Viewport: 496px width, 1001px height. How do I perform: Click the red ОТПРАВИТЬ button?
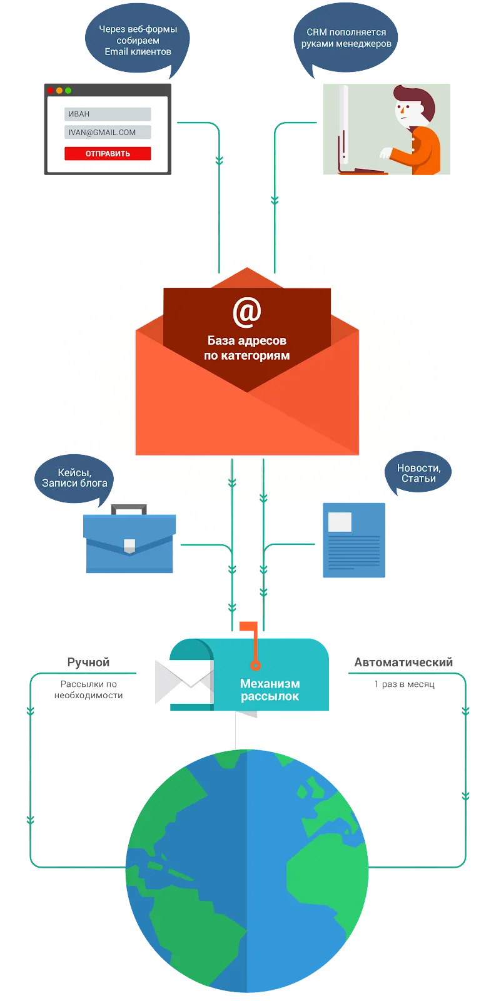click(x=108, y=153)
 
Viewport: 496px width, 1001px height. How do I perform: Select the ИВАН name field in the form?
click(x=108, y=114)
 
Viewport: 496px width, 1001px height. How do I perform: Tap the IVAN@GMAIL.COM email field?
click(x=108, y=132)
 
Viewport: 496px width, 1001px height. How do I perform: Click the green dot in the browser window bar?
click(x=68, y=91)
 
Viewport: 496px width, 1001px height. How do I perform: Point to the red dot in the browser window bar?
click(x=51, y=91)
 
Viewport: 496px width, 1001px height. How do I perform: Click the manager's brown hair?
click(x=412, y=96)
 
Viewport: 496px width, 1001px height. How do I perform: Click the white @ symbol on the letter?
click(x=246, y=312)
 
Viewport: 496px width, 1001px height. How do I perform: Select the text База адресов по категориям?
click(x=246, y=348)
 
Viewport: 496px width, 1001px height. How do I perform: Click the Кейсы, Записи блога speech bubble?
click(x=74, y=478)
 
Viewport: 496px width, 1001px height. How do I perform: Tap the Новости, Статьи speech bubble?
click(x=418, y=473)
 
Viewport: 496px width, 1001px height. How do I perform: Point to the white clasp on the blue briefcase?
click(x=129, y=544)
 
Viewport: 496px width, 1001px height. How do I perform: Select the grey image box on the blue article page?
click(x=340, y=522)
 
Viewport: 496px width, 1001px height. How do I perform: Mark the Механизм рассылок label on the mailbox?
click(x=270, y=690)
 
